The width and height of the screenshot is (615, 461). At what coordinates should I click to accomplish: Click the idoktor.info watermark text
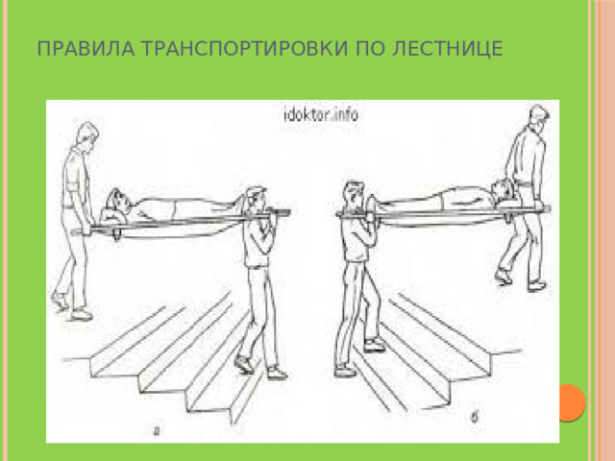(x=320, y=113)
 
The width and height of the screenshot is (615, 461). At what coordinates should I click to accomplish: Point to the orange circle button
(x=571, y=401)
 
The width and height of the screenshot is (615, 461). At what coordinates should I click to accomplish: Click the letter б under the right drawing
(x=478, y=418)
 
